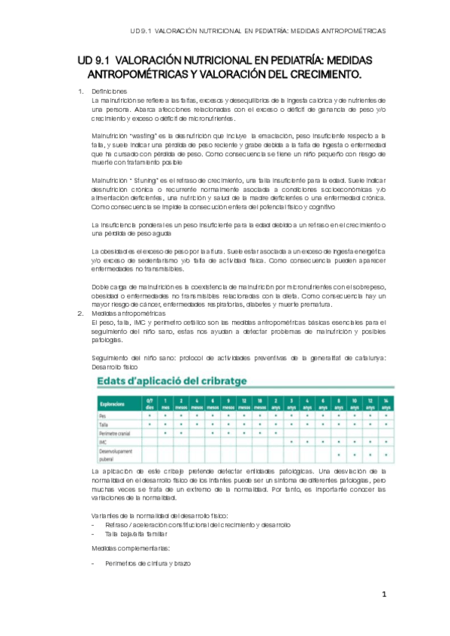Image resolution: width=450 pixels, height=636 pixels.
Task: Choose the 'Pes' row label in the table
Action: click(x=103, y=415)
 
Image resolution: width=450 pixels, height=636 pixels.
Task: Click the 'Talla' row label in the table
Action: click(x=104, y=424)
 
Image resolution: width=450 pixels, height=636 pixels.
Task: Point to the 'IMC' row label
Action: click(x=103, y=442)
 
